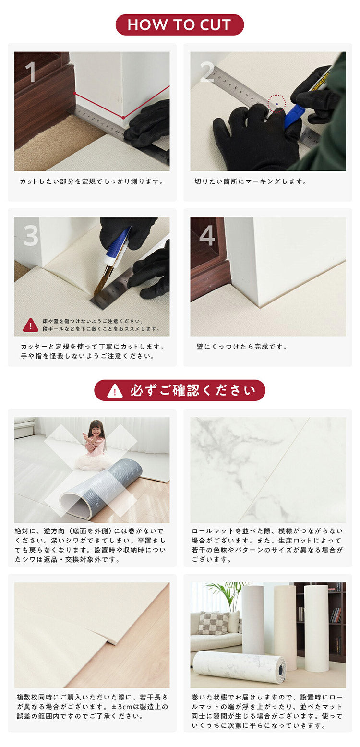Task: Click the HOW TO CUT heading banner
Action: (180, 24)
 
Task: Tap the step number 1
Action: (30, 72)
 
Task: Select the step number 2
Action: (207, 72)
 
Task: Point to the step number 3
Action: (31, 236)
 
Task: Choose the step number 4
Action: (207, 236)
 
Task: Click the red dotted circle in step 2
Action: (276, 103)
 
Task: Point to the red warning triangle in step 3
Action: (31, 325)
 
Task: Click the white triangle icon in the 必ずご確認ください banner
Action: (115, 391)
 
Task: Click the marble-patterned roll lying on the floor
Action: (239, 666)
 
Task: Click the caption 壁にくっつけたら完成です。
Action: (241, 347)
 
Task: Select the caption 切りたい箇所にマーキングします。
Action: (251, 181)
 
